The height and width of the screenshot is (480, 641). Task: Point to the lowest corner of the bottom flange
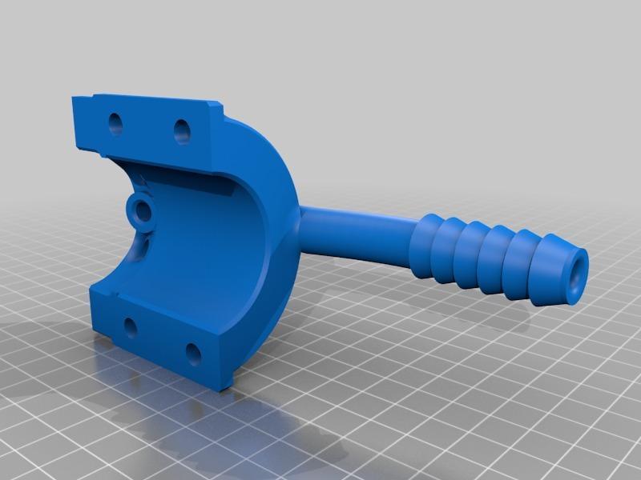[224, 388]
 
